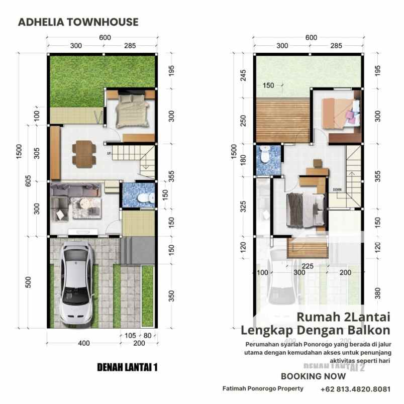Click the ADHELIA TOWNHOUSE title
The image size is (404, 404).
[x=78, y=22]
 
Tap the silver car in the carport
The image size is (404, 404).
[x=76, y=284]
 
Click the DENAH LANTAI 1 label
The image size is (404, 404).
[x=127, y=368]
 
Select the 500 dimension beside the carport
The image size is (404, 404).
[x=28, y=282]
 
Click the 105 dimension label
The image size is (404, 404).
[x=130, y=336]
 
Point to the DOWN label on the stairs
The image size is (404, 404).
[x=337, y=189]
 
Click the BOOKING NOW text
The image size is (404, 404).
[x=313, y=376]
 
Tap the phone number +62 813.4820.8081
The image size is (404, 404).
[x=355, y=389]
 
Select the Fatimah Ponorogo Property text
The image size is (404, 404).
[x=263, y=388]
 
